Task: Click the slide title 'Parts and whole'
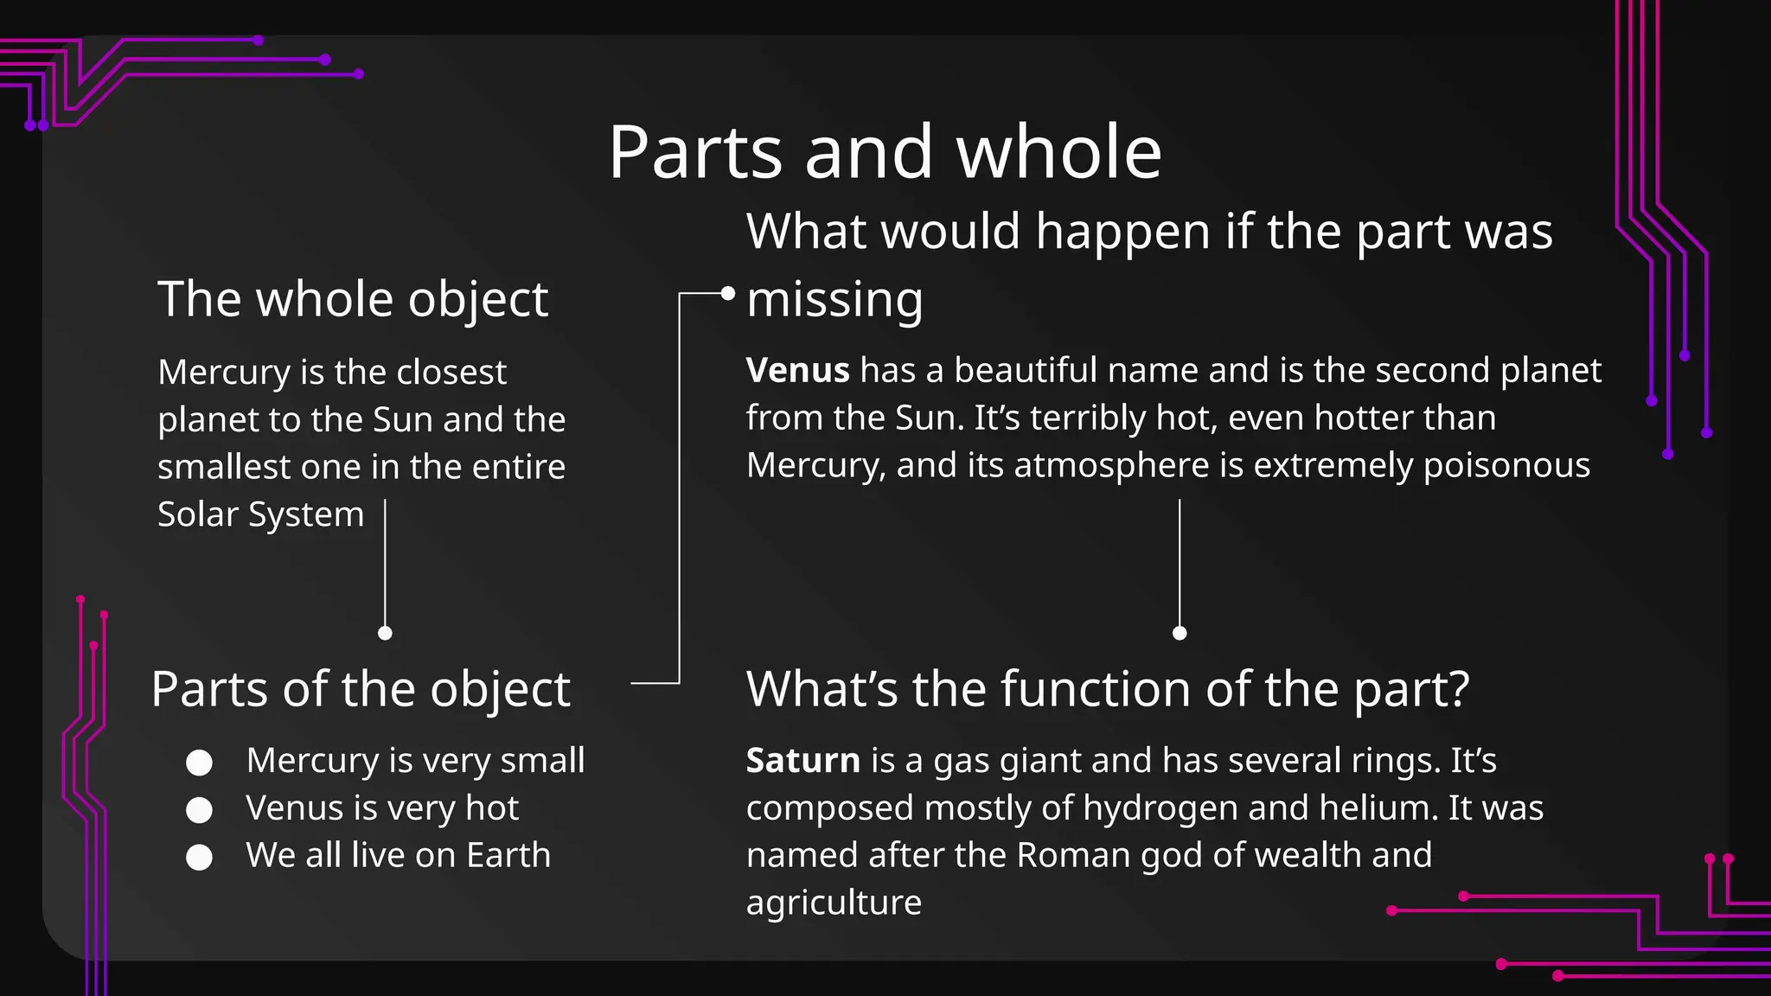885,152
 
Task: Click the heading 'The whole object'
353,299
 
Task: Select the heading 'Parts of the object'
361,689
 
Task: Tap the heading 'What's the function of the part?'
1108,689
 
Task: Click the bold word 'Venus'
797,371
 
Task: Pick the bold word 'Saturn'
802,761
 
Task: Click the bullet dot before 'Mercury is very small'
200,763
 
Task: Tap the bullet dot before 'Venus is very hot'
200,810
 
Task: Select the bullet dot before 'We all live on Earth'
200,857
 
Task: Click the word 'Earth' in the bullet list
508,855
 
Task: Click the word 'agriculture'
834,903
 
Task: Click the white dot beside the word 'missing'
728,294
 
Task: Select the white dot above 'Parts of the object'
386,633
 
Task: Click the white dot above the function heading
1180,633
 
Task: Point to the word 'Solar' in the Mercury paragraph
198,514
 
